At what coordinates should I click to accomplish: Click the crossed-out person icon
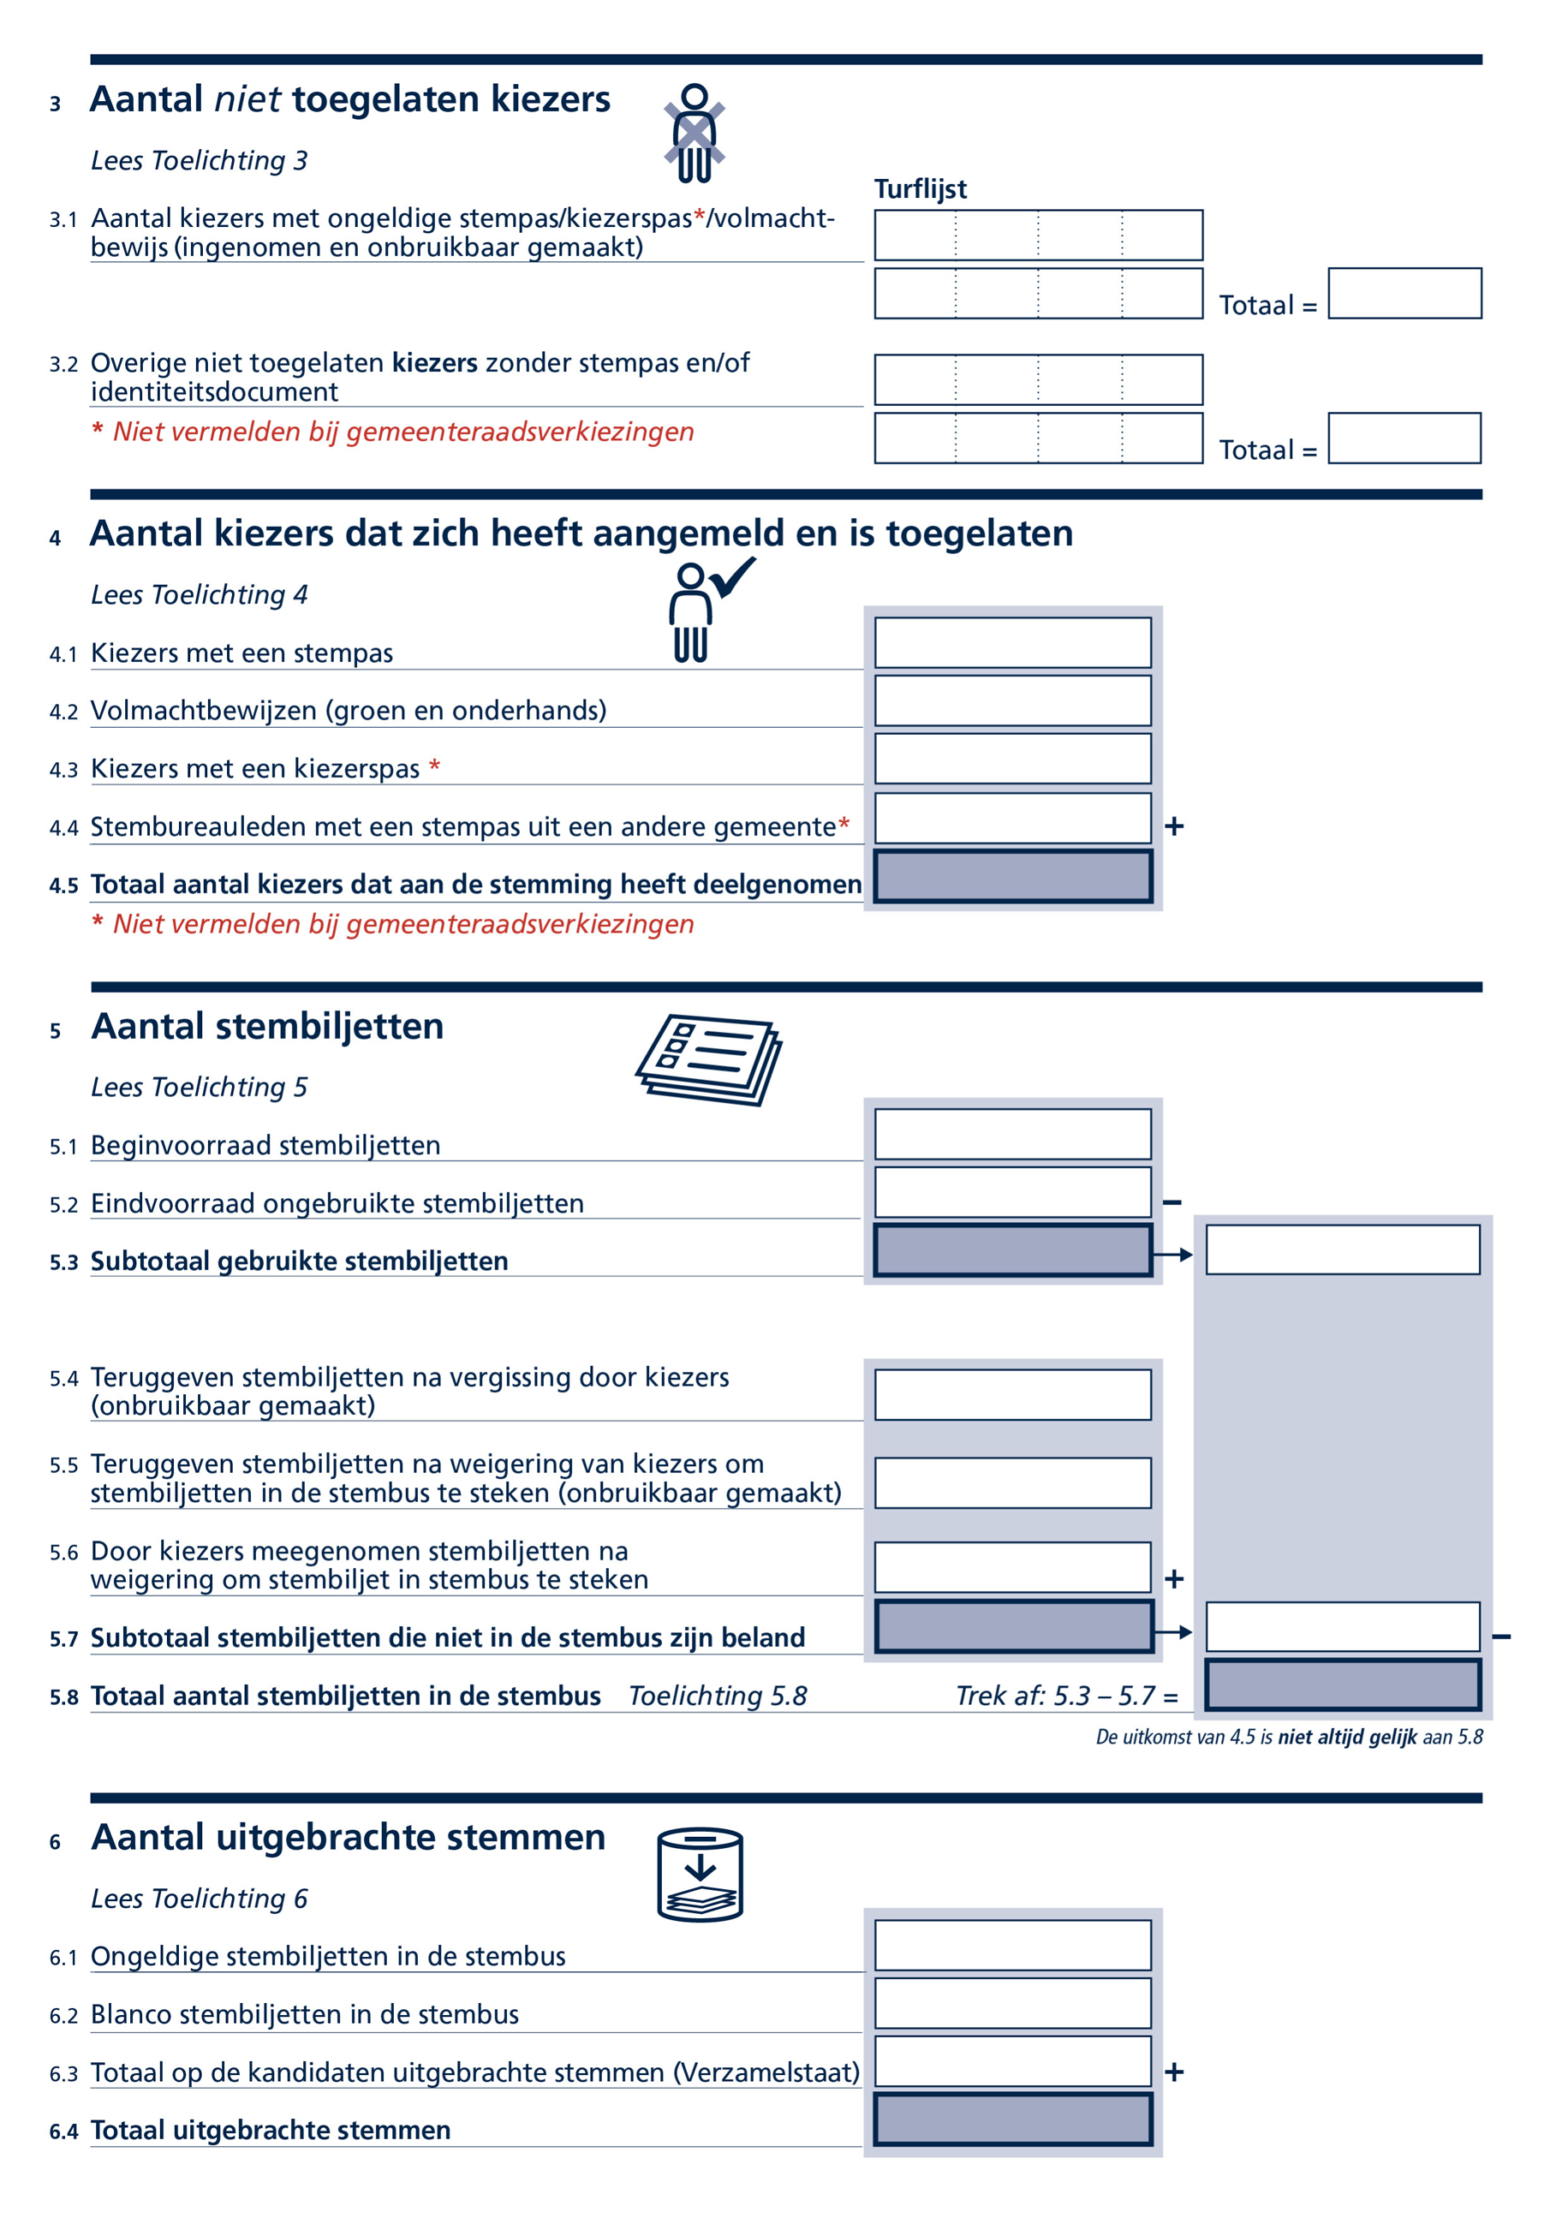[x=694, y=134]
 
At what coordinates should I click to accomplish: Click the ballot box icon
[x=700, y=1873]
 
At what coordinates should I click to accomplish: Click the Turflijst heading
[x=920, y=189]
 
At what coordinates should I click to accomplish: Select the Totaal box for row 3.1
[x=1404, y=294]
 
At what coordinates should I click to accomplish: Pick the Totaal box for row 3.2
[x=1404, y=438]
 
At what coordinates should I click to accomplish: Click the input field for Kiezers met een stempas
[x=1012, y=642]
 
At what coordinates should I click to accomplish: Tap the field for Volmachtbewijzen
[x=1012, y=701]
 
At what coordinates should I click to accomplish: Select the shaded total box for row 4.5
[x=1012, y=876]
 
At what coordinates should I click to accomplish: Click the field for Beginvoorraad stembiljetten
[x=1012, y=1134]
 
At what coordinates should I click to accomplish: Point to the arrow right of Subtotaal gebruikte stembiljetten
[x=1173, y=1254]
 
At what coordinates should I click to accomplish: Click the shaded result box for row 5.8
[x=1343, y=1684]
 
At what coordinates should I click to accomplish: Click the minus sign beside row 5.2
[x=1172, y=1202]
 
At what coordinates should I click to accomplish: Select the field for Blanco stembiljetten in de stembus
[x=1012, y=2004]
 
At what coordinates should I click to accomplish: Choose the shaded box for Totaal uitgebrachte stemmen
[x=1012, y=2120]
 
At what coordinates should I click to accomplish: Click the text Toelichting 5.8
[x=717, y=1696]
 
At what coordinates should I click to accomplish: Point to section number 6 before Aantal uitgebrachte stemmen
[x=55, y=1842]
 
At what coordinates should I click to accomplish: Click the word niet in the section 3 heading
[x=247, y=99]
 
